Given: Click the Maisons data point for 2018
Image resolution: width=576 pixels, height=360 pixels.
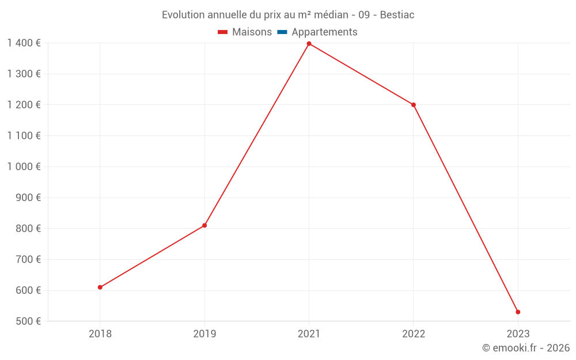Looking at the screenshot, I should click(x=100, y=287).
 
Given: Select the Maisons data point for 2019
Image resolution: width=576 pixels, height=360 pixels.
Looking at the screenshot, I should click(x=204, y=225).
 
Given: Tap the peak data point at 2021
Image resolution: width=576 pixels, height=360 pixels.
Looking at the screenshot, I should click(x=309, y=44).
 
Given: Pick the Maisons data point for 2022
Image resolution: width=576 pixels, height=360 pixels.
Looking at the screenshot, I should click(x=414, y=105).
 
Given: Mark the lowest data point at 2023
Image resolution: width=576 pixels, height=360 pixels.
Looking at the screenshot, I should click(x=518, y=312).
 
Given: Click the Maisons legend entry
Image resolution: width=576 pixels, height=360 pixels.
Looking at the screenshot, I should click(x=245, y=32).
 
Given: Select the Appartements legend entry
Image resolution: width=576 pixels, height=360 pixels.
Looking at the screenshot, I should click(x=317, y=32).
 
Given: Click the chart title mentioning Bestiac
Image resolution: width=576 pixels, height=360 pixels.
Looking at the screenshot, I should click(x=288, y=15).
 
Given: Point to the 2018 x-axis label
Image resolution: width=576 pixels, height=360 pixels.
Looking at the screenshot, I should click(x=100, y=334).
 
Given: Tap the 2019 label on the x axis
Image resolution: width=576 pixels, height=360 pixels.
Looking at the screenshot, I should click(x=204, y=334).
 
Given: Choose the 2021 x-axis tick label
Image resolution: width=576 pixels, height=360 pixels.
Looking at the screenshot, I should click(x=309, y=334).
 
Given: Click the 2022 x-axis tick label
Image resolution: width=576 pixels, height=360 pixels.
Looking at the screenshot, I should click(x=414, y=334).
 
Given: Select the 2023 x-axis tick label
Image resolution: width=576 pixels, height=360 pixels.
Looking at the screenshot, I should click(x=518, y=334).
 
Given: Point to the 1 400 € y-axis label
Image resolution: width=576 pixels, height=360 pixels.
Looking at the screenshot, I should click(x=24, y=43).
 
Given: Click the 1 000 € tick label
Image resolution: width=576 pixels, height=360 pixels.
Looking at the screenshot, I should click(x=24, y=166).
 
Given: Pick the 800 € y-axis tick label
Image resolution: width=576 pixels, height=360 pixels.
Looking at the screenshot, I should click(x=28, y=229).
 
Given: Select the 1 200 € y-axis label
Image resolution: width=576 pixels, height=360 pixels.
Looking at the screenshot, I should click(x=24, y=105).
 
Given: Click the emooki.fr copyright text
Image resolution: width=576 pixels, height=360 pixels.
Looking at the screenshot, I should click(x=526, y=348).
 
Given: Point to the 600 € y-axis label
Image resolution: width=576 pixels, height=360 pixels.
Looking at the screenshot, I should click(x=28, y=290).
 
